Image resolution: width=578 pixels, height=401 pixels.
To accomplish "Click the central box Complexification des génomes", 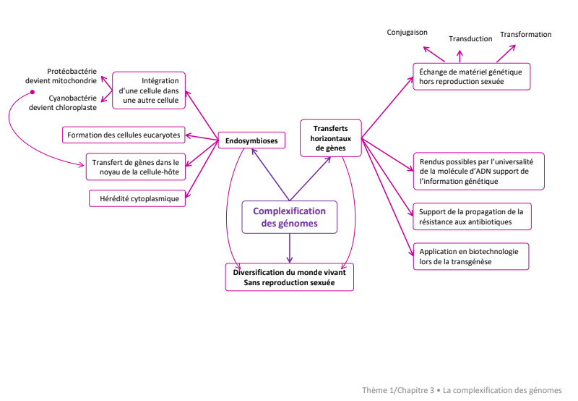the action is (290, 217).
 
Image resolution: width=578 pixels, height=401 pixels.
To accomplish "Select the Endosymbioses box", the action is (251, 140).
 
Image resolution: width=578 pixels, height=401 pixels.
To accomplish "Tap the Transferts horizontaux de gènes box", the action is (331, 138).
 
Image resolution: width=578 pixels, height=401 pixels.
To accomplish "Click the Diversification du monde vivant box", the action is (290, 277).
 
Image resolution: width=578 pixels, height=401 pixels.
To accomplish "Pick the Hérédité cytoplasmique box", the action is (137, 198).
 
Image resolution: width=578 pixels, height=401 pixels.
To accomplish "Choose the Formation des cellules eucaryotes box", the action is (124, 135).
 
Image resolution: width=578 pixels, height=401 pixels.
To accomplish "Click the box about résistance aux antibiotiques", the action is (472, 216).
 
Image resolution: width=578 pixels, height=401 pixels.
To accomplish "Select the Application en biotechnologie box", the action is (471, 256).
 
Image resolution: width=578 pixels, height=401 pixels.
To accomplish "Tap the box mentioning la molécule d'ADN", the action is (479, 172).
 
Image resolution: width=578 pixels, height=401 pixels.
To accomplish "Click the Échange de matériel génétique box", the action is (472, 77).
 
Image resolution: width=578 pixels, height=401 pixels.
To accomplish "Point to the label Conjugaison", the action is (407, 33).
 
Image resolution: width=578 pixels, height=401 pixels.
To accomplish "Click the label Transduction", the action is (470, 39).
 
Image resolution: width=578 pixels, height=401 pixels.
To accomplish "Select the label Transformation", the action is (526, 34).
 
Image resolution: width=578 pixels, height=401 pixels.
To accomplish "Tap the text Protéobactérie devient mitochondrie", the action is (61, 76).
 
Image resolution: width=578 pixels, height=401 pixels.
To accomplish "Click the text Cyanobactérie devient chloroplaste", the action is (63, 103).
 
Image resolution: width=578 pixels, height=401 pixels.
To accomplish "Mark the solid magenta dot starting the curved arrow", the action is (33, 92).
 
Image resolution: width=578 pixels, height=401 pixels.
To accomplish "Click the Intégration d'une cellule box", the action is (149, 90).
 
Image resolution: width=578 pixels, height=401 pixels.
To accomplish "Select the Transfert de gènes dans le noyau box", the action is (136, 167).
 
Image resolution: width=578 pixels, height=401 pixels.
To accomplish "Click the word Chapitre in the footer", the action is (416, 390).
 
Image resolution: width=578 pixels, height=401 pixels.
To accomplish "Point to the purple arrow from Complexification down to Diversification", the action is (290, 248).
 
